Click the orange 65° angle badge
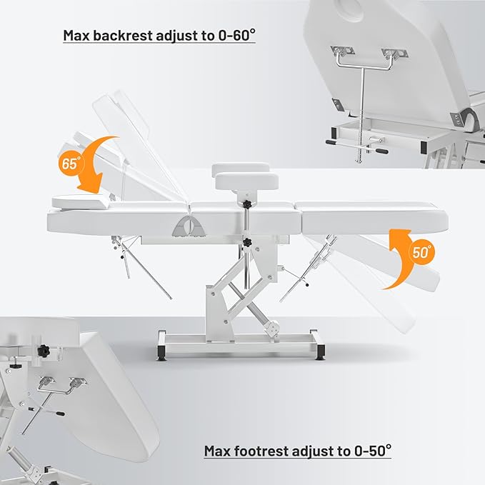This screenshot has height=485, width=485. (71, 163)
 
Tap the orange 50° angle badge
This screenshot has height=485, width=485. (421, 252)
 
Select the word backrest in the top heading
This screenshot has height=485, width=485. (123, 36)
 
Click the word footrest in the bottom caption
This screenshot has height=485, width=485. (261, 451)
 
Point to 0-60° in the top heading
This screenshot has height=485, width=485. (237, 35)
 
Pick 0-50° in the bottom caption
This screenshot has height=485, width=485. (373, 451)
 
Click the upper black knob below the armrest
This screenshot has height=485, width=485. (246, 204)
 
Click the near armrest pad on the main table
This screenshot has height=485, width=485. (247, 182)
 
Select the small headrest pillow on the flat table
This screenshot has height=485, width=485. (81, 201)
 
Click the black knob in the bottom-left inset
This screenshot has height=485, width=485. (44, 351)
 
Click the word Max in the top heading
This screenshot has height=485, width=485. (76, 36)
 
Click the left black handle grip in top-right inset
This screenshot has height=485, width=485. (331, 142)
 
